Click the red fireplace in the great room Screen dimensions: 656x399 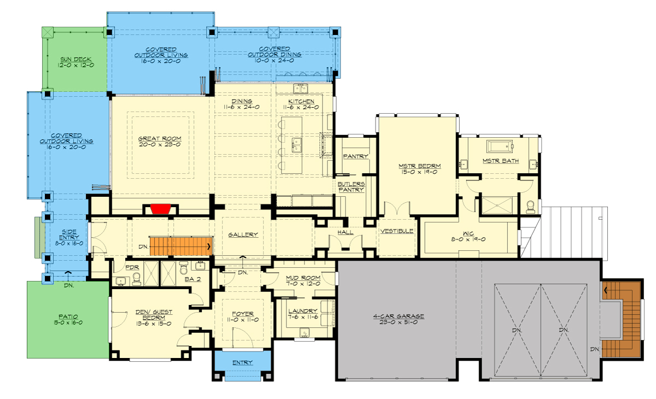[x=161, y=209]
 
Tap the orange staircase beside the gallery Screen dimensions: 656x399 [x=181, y=246]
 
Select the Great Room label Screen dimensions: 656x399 [x=160, y=138]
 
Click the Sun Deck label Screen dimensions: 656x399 [x=76, y=59]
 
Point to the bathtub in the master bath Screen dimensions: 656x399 [x=500, y=146]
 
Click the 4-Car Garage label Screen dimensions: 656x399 [x=399, y=316]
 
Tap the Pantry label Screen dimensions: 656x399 [x=355, y=156]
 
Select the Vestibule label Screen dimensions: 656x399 [x=397, y=231]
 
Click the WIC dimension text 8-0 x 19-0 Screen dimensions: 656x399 [x=468, y=239]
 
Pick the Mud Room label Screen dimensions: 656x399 [x=303, y=278]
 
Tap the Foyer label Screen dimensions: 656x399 [x=243, y=314]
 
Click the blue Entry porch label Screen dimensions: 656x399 [x=242, y=362]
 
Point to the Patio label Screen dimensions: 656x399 [x=68, y=316]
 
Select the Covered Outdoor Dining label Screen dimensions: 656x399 [x=274, y=51]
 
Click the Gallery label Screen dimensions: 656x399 [x=243, y=234]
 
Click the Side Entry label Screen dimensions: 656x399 [x=69, y=234]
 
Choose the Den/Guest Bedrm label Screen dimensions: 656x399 [x=154, y=315]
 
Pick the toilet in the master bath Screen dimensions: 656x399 [x=530, y=207]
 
